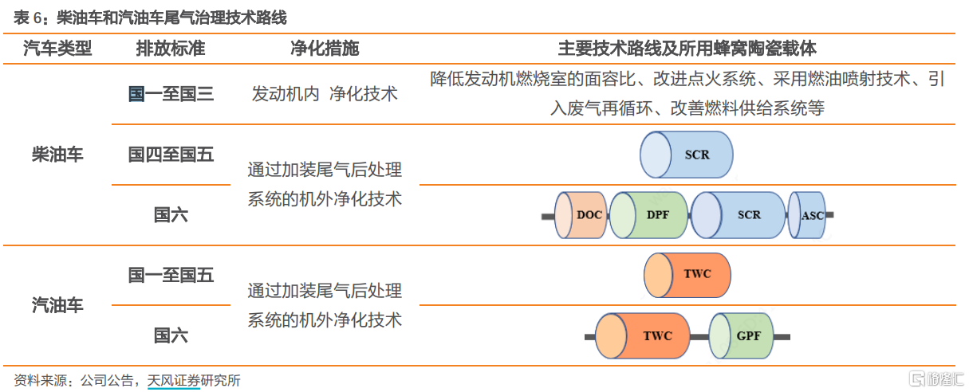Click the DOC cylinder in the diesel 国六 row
pos(581,215)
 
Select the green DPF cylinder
pos(648,215)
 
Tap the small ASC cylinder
pos(807,215)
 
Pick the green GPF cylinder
pos(741,335)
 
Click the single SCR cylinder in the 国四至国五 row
pos(687,155)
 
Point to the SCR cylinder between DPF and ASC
pos(738,215)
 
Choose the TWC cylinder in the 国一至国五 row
pos(687,276)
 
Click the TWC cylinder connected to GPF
pos(643,335)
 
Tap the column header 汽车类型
pos(57,48)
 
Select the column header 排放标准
pos(171,48)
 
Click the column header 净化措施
pos(325,48)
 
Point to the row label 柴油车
pos(57,155)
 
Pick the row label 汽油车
pos(57,305)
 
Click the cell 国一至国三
pos(171,94)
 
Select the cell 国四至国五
pos(171,155)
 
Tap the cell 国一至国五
pos(171,275)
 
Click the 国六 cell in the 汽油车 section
pos(171,335)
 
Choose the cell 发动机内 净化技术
pos(325,94)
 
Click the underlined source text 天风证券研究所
pos(193,380)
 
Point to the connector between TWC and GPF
pos(699,337)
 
